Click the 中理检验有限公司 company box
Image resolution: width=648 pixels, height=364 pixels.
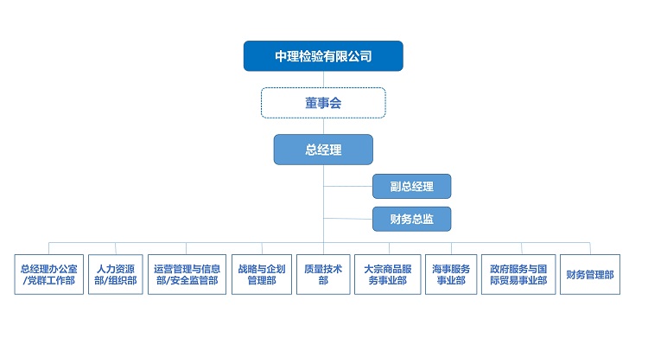(x=323, y=56)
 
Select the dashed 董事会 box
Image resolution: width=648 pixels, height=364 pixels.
(x=323, y=103)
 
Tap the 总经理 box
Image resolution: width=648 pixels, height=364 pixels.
(x=323, y=150)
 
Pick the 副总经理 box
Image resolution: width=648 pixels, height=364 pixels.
(x=411, y=186)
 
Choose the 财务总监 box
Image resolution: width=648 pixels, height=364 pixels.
(x=411, y=219)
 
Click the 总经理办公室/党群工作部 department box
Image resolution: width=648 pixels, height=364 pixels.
(x=48, y=275)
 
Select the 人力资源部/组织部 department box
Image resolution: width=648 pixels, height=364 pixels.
(x=116, y=275)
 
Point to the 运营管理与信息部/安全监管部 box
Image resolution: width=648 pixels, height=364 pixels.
(x=187, y=275)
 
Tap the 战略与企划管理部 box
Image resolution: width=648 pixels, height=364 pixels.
(x=262, y=275)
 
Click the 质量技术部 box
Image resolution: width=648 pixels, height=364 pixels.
(x=323, y=275)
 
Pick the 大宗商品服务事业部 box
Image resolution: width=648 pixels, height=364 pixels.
(x=388, y=275)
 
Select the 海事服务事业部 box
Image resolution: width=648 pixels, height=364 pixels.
(x=451, y=275)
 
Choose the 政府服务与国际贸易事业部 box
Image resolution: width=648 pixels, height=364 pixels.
(x=518, y=275)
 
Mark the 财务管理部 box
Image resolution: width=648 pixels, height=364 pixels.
(x=590, y=275)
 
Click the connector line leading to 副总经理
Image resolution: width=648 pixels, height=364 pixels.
(x=348, y=186)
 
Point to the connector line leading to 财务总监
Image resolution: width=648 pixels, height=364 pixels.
(x=348, y=219)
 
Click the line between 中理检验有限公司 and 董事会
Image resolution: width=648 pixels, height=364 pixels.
(x=323, y=80)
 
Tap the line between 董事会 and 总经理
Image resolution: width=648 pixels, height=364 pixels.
(x=323, y=126)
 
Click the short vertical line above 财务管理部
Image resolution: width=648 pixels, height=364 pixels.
(x=590, y=249)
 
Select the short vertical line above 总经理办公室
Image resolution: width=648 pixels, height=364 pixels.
(x=48, y=249)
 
